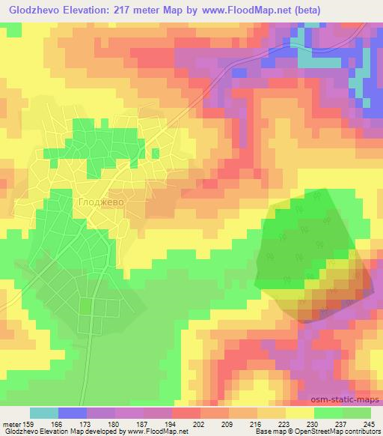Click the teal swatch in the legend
(44, 413)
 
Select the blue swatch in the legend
(73, 413)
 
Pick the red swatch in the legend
(186, 413)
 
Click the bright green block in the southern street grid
(85, 306)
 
